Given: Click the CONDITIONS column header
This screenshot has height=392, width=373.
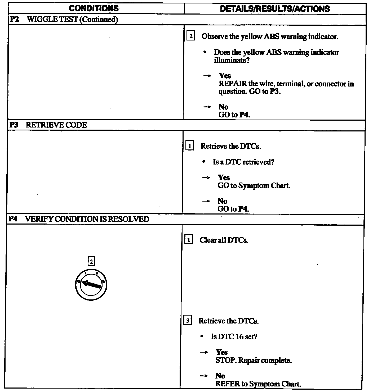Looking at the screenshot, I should click(x=94, y=8).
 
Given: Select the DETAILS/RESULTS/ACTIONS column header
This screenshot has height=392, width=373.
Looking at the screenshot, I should click(x=275, y=9).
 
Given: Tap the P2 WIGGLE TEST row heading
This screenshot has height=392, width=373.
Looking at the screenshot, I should click(x=64, y=20).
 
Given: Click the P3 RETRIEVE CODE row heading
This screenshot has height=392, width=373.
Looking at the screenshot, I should click(x=48, y=125).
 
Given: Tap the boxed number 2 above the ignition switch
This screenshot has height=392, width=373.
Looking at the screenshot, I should click(x=91, y=261).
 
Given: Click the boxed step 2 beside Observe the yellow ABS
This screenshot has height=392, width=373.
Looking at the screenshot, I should click(x=191, y=36).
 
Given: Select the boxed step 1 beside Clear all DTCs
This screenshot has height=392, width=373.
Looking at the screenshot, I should click(x=188, y=240).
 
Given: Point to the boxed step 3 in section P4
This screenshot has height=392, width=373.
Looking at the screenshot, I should click(x=188, y=321).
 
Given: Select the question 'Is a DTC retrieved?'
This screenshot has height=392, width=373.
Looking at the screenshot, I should click(x=243, y=162).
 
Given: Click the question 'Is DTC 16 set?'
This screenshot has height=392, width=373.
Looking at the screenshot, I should click(x=234, y=336).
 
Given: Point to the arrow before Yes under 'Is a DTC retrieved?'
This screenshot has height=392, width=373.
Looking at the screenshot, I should click(x=206, y=177).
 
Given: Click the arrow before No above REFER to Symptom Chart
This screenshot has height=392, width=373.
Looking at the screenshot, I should click(x=204, y=376).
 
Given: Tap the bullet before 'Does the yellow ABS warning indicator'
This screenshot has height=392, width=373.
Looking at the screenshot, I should click(x=205, y=52).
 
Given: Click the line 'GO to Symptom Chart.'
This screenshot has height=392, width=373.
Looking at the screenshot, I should click(x=254, y=185).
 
